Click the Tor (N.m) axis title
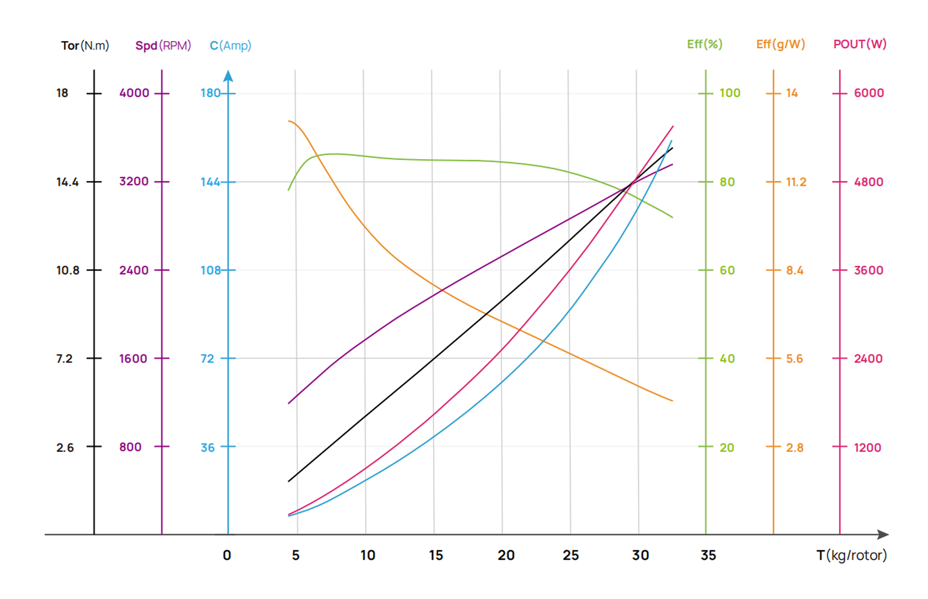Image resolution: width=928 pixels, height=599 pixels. click(x=85, y=46)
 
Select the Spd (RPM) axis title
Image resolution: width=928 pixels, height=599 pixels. click(x=163, y=46)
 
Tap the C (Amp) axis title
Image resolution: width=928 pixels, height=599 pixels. click(x=230, y=46)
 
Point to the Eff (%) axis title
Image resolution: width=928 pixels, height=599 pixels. click(x=704, y=45)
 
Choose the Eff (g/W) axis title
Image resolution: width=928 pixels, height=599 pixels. click(x=780, y=45)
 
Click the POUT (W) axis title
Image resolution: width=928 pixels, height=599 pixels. click(x=860, y=45)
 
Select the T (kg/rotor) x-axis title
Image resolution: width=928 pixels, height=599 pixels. click(x=851, y=555)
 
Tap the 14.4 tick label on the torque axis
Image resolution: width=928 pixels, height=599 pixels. click(x=67, y=182)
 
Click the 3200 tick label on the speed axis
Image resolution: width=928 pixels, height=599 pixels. click(x=134, y=181)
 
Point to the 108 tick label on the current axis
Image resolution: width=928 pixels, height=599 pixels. click(x=210, y=270)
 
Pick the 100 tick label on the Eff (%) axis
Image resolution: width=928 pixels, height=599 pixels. click(x=730, y=93)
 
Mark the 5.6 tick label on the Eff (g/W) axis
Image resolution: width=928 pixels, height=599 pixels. click(x=794, y=359)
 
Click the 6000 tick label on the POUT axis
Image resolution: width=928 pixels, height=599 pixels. click(x=869, y=93)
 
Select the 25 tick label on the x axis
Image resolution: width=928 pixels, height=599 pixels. click(x=570, y=555)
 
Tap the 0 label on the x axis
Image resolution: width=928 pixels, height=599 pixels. click(x=227, y=555)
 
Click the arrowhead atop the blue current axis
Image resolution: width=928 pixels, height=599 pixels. click(x=228, y=76)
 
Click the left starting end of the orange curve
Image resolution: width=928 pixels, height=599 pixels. click(x=289, y=121)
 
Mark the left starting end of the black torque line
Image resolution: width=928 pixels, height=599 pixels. click(x=289, y=481)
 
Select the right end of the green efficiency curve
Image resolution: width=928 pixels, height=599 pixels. click(x=672, y=217)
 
